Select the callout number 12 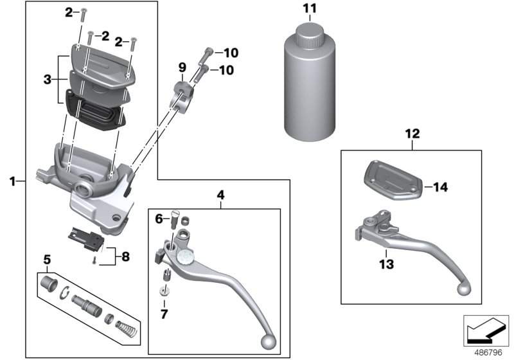412,134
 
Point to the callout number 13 386,264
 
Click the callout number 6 159,219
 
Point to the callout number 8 125,257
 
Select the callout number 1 12,182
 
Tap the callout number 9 182,67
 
